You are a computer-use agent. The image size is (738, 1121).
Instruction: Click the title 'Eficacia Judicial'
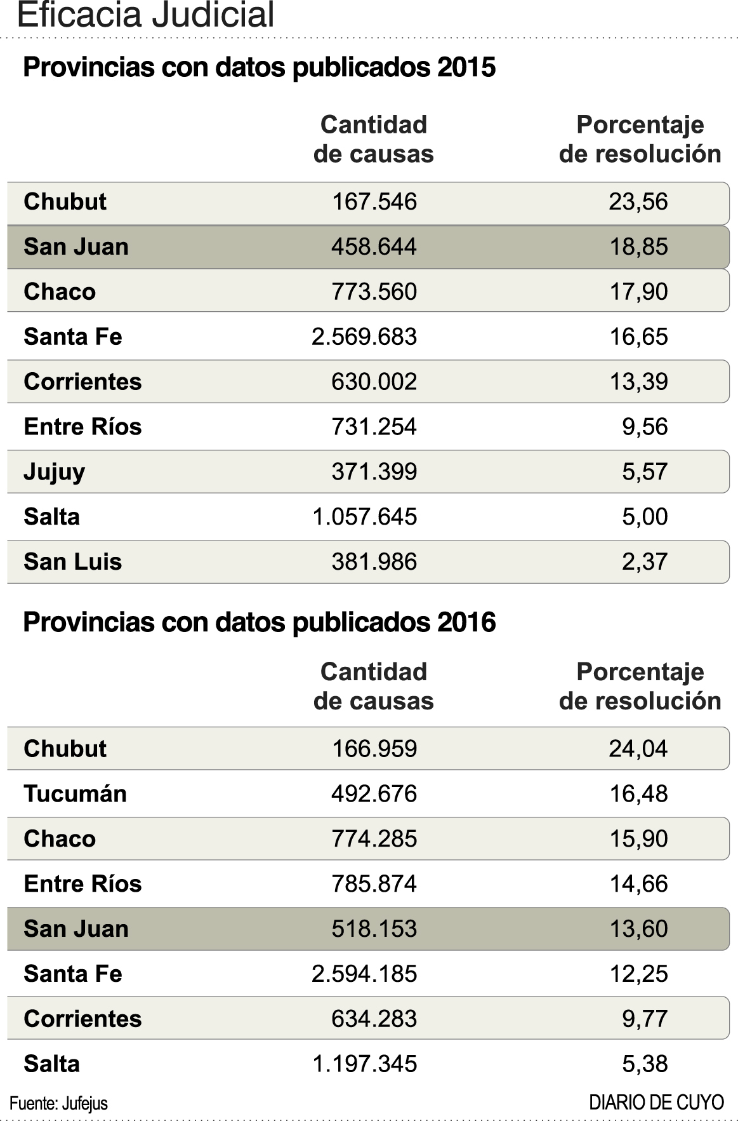[x=146, y=15]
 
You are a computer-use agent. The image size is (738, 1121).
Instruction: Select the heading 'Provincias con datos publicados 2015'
[x=259, y=67]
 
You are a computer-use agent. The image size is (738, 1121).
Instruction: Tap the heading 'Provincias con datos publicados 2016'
[x=259, y=622]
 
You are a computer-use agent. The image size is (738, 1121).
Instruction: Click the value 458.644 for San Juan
[x=374, y=246]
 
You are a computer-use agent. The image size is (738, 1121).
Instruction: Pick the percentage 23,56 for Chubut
[x=638, y=201]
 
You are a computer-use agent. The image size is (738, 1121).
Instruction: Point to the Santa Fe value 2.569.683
[x=364, y=337]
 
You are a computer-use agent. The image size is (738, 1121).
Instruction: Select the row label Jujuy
[x=55, y=472]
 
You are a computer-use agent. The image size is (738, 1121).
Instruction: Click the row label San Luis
[x=73, y=561]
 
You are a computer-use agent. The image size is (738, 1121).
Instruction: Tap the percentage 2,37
[x=644, y=561]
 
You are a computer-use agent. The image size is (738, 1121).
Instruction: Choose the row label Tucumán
[x=76, y=793]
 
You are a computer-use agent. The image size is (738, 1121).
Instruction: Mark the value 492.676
[x=374, y=793]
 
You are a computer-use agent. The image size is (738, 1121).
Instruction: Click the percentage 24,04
[x=638, y=748]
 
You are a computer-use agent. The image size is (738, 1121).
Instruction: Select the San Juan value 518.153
[x=374, y=929]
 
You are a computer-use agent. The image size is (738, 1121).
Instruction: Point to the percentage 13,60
[x=638, y=929]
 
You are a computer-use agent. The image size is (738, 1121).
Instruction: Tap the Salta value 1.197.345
[x=364, y=1064]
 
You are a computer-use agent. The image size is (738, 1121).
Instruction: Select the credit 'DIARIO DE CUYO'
[x=656, y=1103]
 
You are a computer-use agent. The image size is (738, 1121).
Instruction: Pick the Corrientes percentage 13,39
[x=638, y=382]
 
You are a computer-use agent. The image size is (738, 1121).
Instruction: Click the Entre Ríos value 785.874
[x=374, y=883]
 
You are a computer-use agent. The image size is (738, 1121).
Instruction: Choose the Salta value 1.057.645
[x=364, y=516]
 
